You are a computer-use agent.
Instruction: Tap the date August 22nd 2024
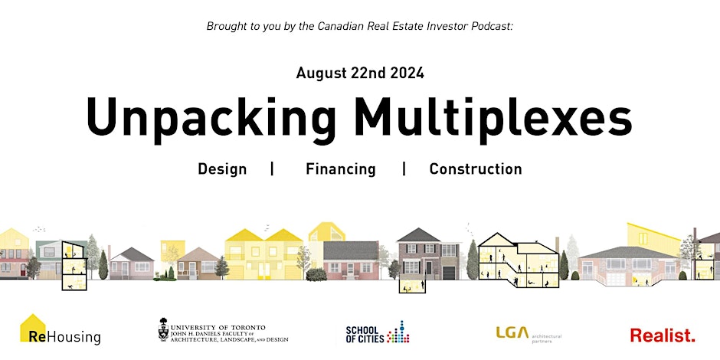pyautogui.click(x=360, y=73)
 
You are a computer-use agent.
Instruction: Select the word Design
pyautogui.click(x=222, y=169)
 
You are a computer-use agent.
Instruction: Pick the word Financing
pyautogui.click(x=341, y=169)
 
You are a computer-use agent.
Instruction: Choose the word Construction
pyautogui.click(x=476, y=169)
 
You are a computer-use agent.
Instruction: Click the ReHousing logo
pyautogui.click(x=61, y=330)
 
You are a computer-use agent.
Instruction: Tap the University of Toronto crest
pyautogui.click(x=163, y=329)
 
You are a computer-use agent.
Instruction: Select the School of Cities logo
pyautogui.click(x=378, y=332)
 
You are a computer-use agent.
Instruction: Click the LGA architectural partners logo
pyautogui.click(x=529, y=334)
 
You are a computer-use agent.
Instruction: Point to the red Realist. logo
pyautogui.click(x=663, y=335)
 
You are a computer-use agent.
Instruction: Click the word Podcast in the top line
pyautogui.click(x=493, y=26)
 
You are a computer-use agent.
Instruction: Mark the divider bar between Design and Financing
pyautogui.click(x=272, y=169)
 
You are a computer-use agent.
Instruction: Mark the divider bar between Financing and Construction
pyautogui.click(x=404, y=169)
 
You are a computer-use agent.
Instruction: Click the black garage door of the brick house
pyautogui.click(x=449, y=273)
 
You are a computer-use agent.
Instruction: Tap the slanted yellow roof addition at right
pyautogui.click(x=654, y=238)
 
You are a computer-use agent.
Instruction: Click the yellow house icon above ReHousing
pyautogui.click(x=33, y=327)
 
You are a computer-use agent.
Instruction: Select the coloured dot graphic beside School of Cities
pyautogui.click(x=398, y=332)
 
